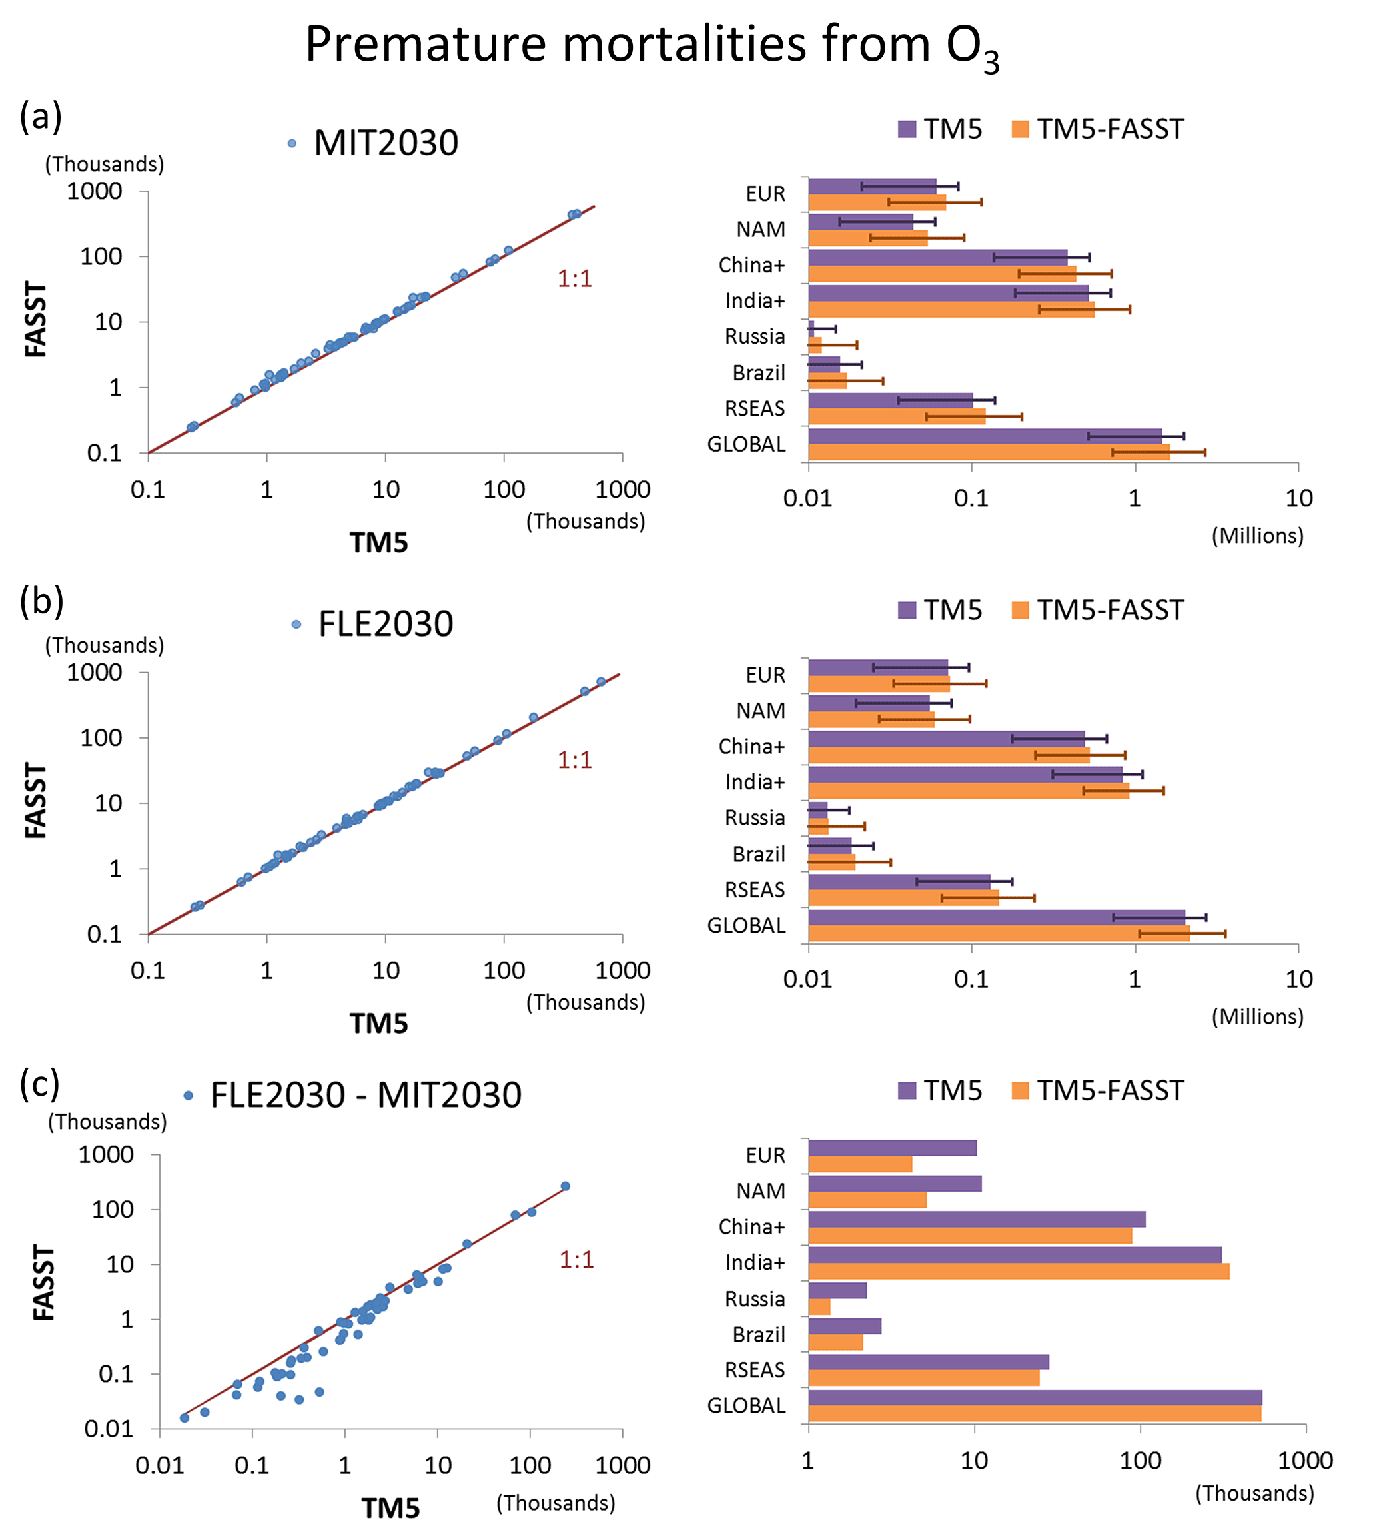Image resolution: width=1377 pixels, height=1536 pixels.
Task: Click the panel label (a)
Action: [41, 117]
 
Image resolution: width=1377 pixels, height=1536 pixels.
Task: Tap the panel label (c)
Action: [39, 1084]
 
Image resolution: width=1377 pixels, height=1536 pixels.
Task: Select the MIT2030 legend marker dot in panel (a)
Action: [292, 143]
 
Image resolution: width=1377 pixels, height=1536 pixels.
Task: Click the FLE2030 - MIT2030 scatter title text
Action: [366, 1096]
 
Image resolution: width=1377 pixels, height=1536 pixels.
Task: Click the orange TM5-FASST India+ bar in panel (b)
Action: [969, 791]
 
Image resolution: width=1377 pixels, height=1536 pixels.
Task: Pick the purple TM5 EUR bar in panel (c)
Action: [892, 1148]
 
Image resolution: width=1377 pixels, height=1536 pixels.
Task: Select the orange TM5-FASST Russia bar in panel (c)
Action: [819, 1307]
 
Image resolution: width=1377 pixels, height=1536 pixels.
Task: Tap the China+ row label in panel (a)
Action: [752, 266]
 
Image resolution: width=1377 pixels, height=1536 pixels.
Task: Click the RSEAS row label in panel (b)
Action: [755, 890]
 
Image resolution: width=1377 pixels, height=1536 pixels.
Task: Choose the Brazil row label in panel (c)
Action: [759, 1335]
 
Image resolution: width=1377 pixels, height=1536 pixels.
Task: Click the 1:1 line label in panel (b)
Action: [574, 760]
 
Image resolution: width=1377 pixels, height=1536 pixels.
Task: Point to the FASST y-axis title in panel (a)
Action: [35, 318]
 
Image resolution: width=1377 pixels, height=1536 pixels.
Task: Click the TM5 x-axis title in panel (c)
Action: [390, 1508]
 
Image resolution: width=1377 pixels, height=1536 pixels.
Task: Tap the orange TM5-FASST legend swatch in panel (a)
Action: [1021, 129]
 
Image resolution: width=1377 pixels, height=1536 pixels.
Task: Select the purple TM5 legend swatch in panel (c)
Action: [907, 1090]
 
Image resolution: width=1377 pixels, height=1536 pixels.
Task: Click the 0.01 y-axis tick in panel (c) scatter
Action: [108, 1429]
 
